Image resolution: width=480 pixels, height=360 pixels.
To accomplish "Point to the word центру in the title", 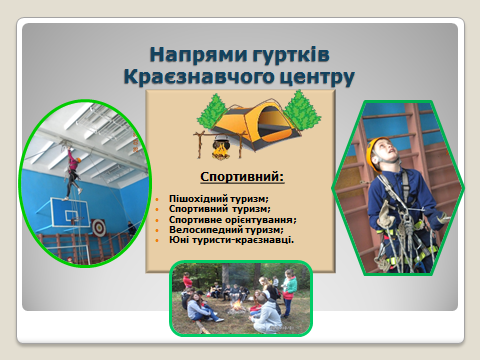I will [x=317, y=76].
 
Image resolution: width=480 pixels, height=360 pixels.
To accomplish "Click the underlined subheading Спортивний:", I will [x=242, y=177].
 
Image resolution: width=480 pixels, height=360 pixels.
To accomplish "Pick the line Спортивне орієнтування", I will [x=233, y=220].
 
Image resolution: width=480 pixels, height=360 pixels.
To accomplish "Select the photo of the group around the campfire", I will [x=240, y=296].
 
